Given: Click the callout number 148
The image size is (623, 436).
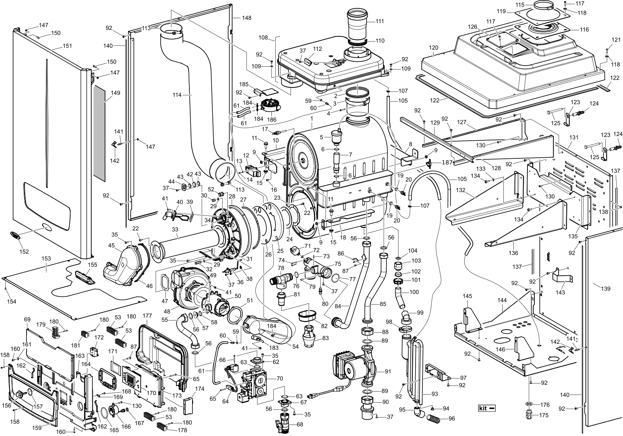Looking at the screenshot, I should (247, 18).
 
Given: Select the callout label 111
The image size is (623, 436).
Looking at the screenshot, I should (380, 22).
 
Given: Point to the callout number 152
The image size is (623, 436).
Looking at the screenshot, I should (24, 252).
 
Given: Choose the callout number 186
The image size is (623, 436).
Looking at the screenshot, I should (271, 120).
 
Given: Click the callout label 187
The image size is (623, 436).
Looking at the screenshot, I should (447, 163).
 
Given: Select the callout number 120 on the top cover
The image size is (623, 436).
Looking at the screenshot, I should (434, 48).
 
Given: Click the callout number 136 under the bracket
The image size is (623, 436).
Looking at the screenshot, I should (513, 253).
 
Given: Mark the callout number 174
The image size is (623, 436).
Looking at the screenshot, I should (200, 388).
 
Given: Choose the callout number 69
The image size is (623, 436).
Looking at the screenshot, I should (27, 319).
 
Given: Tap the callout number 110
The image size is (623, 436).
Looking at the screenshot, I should (380, 41).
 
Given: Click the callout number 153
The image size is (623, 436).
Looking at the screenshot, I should (46, 259).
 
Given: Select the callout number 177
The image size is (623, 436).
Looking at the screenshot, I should (147, 316).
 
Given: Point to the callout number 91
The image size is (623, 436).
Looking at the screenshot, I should (388, 372).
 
